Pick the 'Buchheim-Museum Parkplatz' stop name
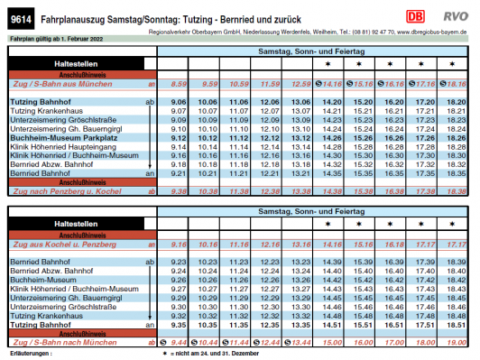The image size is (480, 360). (60, 137)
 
